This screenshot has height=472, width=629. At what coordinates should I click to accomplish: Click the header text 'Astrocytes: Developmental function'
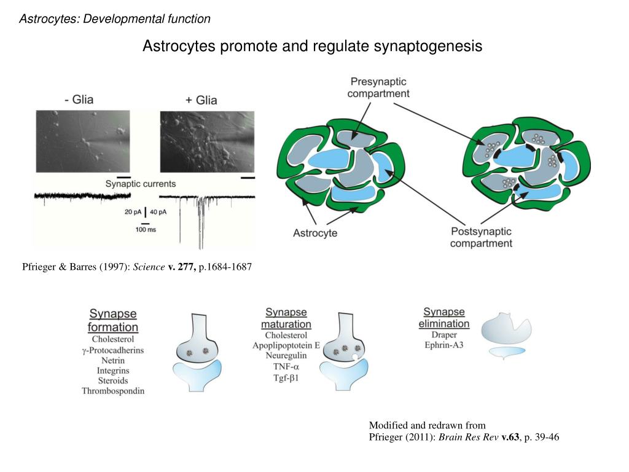[115, 19]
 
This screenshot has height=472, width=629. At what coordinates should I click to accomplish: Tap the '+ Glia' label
[200, 100]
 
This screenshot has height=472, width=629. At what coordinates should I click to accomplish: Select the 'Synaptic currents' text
[140, 183]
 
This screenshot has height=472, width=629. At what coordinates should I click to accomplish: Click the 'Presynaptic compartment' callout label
[378, 87]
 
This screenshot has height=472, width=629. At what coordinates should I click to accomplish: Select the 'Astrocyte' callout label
[315, 233]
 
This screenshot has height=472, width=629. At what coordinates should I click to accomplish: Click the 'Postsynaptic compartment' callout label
[481, 237]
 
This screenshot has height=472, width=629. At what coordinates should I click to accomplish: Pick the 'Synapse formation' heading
[113, 320]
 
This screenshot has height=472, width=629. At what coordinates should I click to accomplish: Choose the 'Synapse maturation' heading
[286, 318]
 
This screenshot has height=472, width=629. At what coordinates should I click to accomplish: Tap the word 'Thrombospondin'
[113, 391]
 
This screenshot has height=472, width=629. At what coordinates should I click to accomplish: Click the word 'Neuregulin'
[286, 355]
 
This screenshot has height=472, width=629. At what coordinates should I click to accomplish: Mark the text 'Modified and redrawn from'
[427, 425]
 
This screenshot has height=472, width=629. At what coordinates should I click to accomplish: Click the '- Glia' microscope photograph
[82, 141]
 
